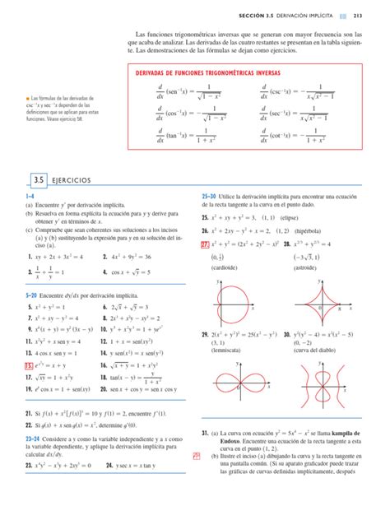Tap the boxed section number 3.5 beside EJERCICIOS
(x=37, y=179)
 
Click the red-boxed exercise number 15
(x=29, y=364)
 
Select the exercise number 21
(x=29, y=418)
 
